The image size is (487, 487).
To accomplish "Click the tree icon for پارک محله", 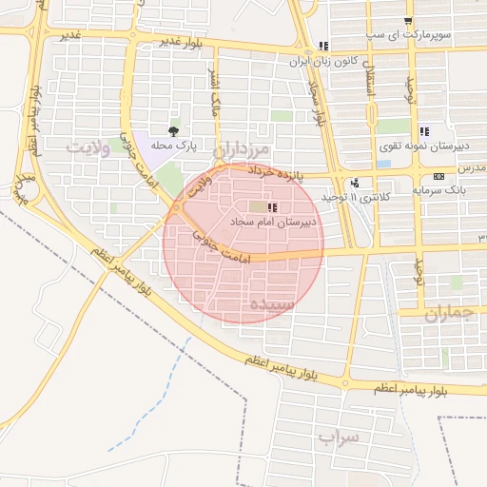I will coord(172,130).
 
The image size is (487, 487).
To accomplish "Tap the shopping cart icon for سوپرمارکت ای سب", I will coord(408,22).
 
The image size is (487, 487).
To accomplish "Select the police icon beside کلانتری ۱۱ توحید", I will coord(355,183).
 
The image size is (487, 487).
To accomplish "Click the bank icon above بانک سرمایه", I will coord(438,177).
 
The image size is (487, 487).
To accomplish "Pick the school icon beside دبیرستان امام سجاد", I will coord(272,207).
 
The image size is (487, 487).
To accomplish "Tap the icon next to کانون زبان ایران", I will coord(323,46).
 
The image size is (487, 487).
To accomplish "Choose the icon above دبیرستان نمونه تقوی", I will coord(423,131).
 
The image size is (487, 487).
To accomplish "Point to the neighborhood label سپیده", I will coord(274,304).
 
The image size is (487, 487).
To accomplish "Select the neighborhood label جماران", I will coord(448,315).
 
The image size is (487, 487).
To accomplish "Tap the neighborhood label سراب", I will coord(341,438).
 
